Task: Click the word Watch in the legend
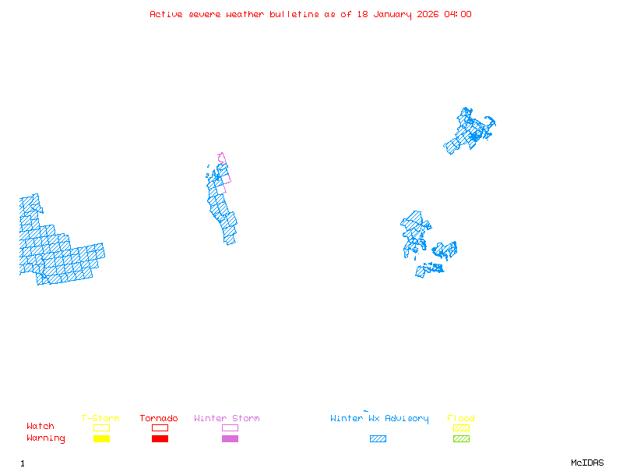click(40, 427)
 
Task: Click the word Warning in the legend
click(46, 438)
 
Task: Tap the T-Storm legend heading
click(100, 419)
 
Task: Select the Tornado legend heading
click(159, 419)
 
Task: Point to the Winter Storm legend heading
click(227, 419)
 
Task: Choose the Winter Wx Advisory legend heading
click(379, 419)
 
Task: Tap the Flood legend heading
click(461, 419)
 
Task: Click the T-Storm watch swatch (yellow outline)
click(101, 427)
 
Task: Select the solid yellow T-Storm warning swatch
click(101, 438)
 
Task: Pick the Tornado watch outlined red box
click(160, 427)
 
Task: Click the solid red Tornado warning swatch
click(160, 438)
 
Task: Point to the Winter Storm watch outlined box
click(230, 427)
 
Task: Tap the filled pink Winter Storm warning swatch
click(230, 438)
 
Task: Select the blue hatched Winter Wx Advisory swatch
click(378, 438)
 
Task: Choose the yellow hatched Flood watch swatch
click(461, 427)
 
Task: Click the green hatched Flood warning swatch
click(461, 438)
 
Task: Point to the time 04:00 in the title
click(458, 14)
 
